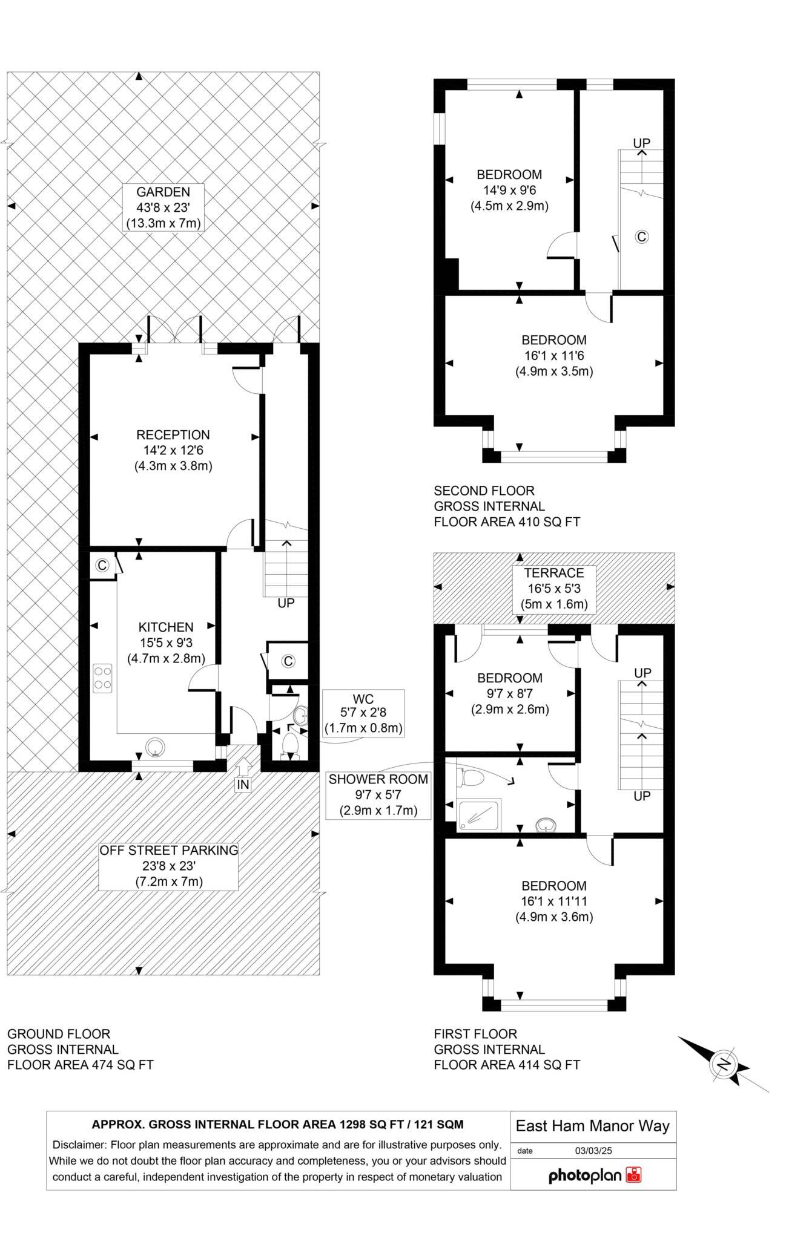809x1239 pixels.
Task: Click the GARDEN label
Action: click(x=163, y=192)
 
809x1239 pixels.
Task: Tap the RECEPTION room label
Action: click(x=173, y=435)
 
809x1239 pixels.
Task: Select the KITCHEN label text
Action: click(x=166, y=627)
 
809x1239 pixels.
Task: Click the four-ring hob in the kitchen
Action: click(x=102, y=678)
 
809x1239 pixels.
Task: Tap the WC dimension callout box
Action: click(x=363, y=713)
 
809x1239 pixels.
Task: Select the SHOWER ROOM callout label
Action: click(x=378, y=779)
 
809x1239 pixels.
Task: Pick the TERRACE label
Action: click(x=554, y=573)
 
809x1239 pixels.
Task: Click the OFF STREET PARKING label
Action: click(x=169, y=850)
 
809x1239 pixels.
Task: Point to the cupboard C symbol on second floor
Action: click(x=641, y=237)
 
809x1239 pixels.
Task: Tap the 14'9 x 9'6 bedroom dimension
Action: click(x=509, y=190)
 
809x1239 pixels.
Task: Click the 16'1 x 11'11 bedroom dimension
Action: click(x=554, y=901)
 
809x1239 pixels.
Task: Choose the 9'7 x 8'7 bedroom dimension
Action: click(x=509, y=693)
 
